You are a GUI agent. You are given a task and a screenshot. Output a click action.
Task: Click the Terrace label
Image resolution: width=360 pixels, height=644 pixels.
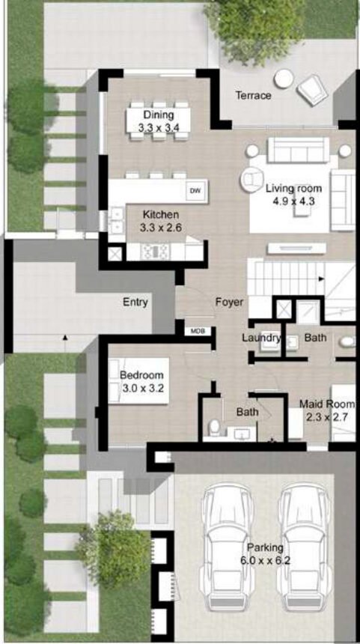253,96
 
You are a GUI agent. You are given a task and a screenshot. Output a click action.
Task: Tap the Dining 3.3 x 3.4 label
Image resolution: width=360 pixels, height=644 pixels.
159,121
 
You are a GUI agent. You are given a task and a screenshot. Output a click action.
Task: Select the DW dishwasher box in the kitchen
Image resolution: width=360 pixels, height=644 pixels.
195,191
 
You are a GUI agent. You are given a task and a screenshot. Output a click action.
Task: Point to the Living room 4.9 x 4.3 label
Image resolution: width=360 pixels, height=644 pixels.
294,194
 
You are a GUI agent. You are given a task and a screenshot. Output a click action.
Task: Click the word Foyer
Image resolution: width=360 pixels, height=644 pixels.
229,303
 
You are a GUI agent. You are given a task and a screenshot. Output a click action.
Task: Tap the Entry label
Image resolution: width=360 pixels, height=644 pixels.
135,303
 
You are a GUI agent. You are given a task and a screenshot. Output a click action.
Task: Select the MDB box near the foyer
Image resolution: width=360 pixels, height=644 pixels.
198,330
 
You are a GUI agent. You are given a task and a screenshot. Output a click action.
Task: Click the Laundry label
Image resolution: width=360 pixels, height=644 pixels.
261,338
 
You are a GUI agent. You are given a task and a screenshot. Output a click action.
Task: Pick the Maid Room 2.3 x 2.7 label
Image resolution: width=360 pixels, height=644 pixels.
327,410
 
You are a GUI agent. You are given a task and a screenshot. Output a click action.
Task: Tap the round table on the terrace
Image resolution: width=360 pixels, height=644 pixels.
284,79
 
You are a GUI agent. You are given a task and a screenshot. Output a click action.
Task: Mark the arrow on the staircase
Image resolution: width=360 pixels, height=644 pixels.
321,279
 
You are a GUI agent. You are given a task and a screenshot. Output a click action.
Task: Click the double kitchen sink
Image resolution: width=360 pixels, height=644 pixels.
117,219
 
